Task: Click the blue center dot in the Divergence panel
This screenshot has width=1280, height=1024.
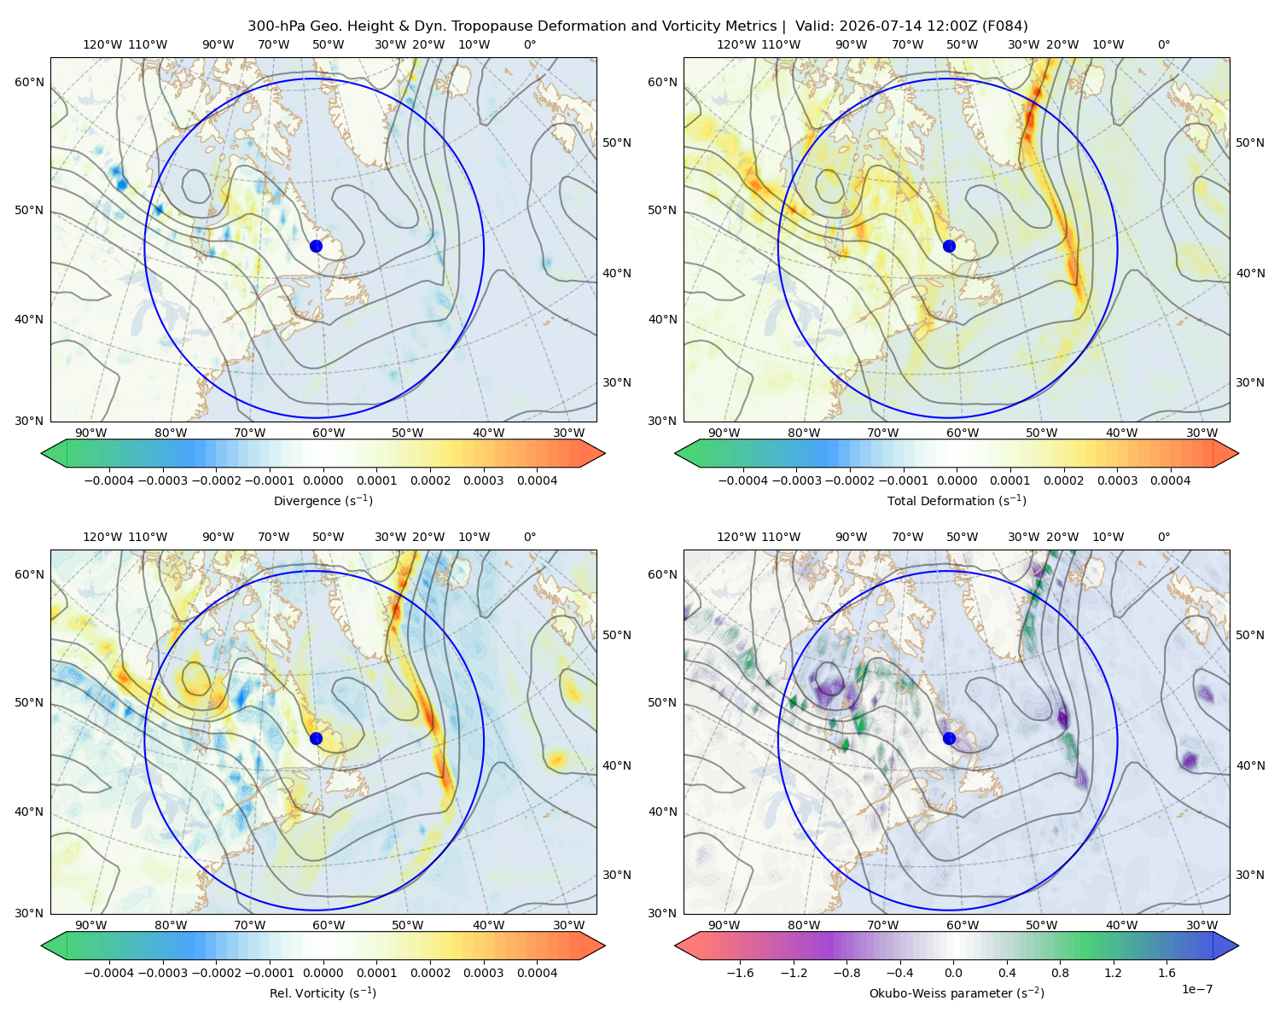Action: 316,246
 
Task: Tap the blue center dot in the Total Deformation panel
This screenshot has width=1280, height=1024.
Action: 949,246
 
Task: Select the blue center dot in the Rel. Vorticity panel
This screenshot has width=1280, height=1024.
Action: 316,738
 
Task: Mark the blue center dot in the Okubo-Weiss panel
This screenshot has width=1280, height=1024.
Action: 949,738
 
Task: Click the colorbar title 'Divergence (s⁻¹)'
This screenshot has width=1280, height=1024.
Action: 323,500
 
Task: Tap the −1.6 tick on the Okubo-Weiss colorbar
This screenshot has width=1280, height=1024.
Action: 740,973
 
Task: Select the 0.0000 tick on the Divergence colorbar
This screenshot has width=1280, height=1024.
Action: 323,480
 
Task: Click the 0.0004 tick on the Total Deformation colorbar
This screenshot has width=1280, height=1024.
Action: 1170,480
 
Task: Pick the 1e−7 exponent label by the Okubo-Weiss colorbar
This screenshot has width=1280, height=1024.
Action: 1196,989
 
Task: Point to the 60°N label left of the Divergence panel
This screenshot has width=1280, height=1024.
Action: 29,82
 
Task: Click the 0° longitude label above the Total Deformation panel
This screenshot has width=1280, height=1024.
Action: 1164,44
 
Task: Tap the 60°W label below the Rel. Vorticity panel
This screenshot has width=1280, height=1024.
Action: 329,925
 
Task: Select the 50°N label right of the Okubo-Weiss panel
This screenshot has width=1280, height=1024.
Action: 1249,635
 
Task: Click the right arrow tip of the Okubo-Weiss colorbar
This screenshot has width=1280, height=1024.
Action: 1238,945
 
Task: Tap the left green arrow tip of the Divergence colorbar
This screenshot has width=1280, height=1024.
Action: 42,453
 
